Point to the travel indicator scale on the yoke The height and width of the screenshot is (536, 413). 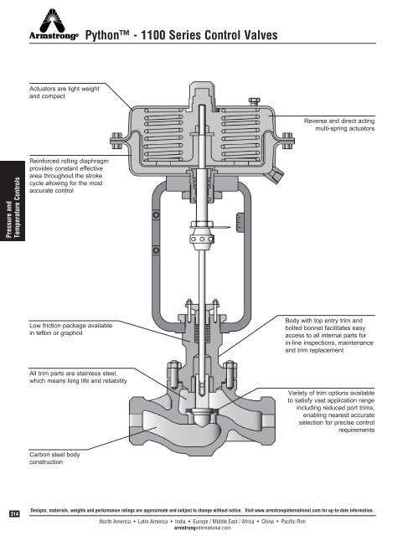pyautogui.click(x=241, y=223)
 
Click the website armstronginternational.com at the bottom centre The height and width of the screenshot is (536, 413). pyautogui.click(x=206, y=528)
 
